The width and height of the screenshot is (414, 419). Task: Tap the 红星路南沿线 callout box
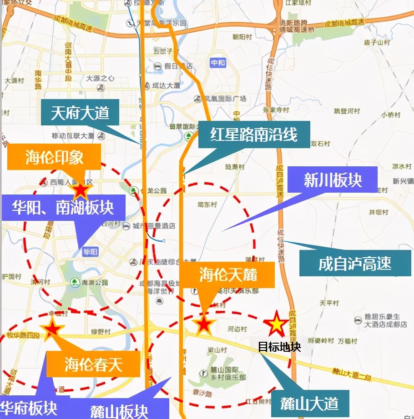253,134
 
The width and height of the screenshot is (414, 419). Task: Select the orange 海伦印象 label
54,157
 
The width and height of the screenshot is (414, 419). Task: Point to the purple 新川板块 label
333,180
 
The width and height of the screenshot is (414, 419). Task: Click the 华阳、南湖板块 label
63,208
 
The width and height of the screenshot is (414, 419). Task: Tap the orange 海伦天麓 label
228,274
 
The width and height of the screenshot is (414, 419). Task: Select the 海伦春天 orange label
93,364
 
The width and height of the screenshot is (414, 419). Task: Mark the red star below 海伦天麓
203,325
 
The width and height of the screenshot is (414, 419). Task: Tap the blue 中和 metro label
218,63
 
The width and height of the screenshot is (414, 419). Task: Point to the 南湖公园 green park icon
75,282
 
